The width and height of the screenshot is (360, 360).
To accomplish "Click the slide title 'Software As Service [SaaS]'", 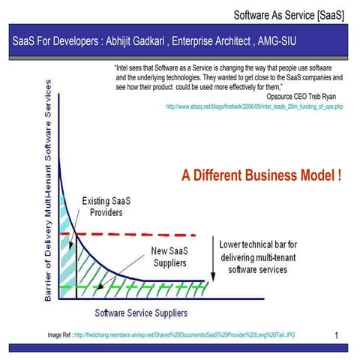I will tap(289, 14).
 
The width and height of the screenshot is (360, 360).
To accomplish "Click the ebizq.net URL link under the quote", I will tap(254, 107).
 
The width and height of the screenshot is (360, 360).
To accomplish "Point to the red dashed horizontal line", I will tap(150, 235).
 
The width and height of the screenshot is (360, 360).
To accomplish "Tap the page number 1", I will tap(337, 334).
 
